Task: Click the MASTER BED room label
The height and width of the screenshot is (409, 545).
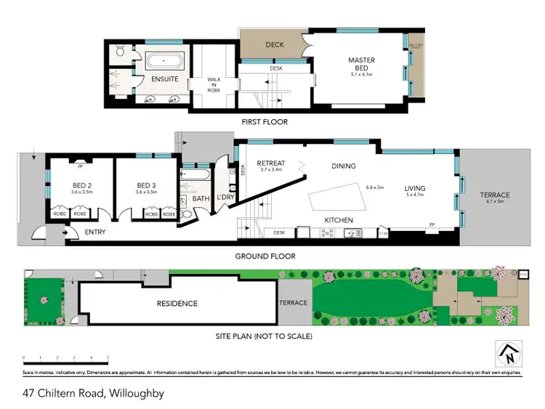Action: point(361,64)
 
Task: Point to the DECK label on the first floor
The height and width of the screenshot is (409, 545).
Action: point(274,45)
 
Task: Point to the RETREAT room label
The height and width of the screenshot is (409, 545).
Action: point(270,164)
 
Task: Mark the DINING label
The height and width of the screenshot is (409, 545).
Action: point(343,166)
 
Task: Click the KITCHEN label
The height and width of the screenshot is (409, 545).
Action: point(339,220)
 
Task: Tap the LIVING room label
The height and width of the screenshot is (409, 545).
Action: point(415,190)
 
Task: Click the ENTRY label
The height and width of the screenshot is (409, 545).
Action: point(95,232)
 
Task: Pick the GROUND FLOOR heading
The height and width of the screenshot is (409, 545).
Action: point(265,256)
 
